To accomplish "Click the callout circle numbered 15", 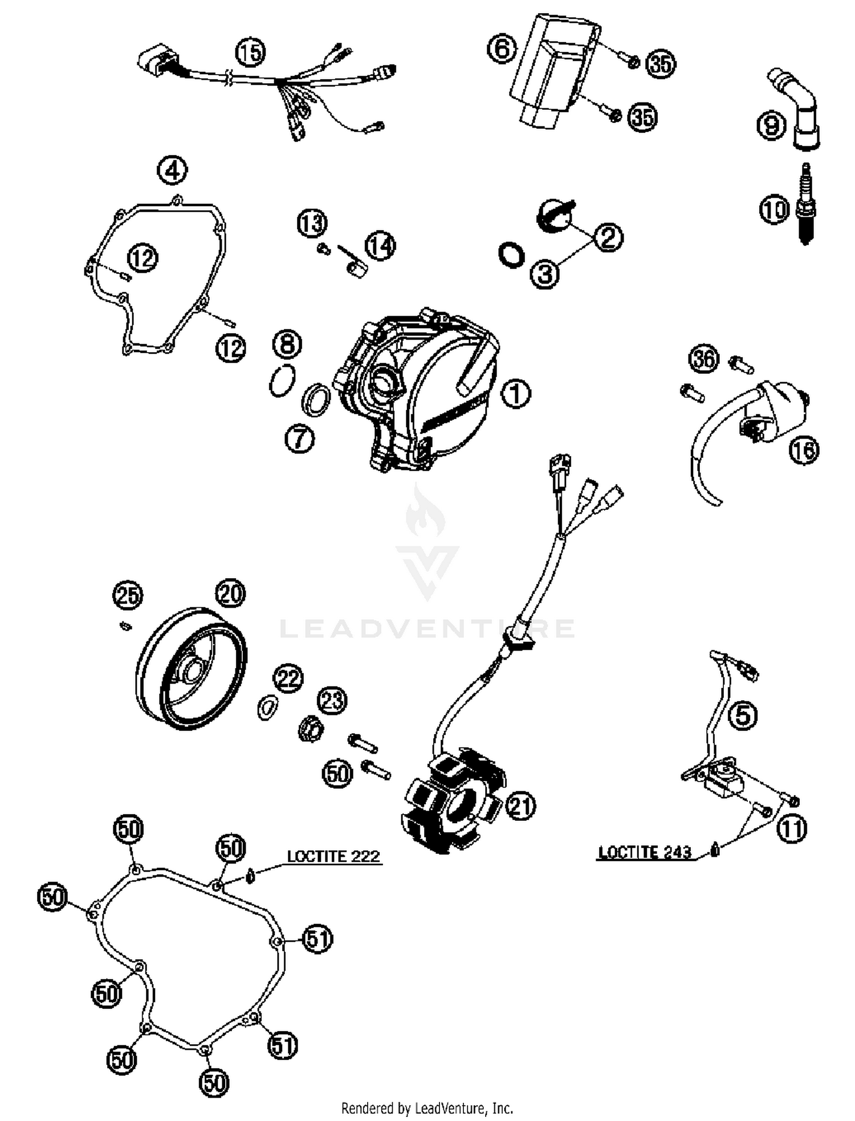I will coord(250,52).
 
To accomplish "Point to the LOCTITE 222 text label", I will coord(333,856).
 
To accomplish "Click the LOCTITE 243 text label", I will coord(645,853).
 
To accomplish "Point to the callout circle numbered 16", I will coord(804,451).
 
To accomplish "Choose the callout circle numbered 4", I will coord(173,170).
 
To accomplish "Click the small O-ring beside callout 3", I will coord(511,255).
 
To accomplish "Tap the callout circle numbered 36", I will coord(704,359).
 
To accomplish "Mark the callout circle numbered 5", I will coord(743,715).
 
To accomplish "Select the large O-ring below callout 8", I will coord(283,380).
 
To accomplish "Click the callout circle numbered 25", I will coord(127,596).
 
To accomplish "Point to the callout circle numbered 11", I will coord(792,829).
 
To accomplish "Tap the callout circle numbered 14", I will coord(380,247).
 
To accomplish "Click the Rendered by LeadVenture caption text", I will coord(427,1108).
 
